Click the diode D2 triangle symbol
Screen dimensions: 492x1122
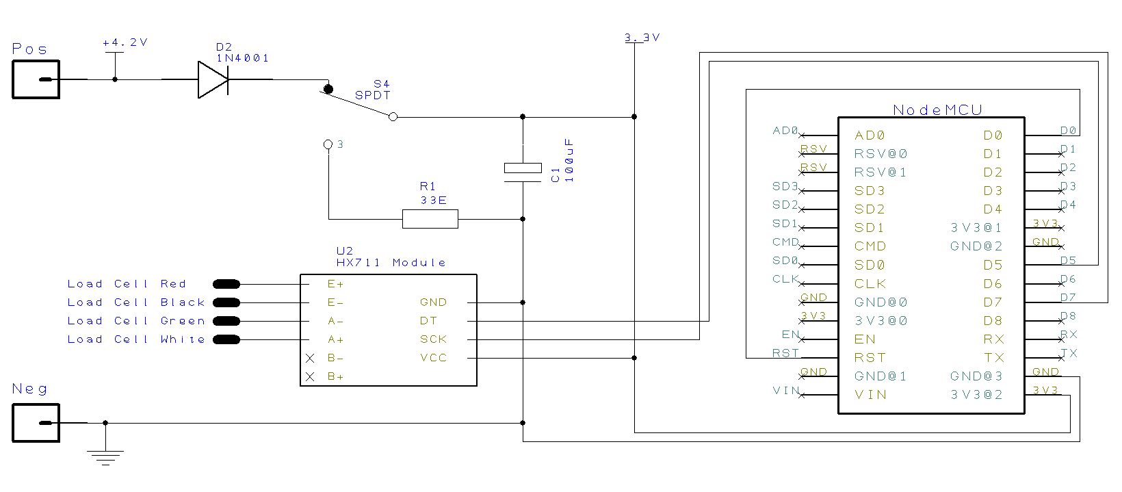click(x=212, y=79)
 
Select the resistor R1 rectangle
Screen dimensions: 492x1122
click(x=430, y=219)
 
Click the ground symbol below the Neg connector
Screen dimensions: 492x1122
click(x=105, y=455)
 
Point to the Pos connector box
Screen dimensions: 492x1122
click(x=36, y=79)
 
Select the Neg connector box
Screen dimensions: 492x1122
click(x=36, y=423)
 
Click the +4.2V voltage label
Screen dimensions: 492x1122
click(x=125, y=42)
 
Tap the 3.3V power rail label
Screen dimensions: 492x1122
click(x=642, y=38)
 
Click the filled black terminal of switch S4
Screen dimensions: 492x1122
click(x=328, y=89)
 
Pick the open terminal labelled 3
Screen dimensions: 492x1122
click(x=328, y=144)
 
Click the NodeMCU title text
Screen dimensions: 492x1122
click(x=937, y=110)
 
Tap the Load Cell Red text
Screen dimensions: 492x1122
click(x=127, y=284)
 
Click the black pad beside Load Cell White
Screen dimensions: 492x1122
click(x=226, y=339)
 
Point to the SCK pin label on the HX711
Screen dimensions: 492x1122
click(x=433, y=339)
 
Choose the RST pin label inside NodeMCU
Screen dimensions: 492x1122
click(x=870, y=358)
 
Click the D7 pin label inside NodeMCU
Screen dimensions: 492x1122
click(x=993, y=302)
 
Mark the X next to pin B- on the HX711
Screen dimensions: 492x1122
click(x=310, y=358)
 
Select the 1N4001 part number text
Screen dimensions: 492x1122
click(x=242, y=59)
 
